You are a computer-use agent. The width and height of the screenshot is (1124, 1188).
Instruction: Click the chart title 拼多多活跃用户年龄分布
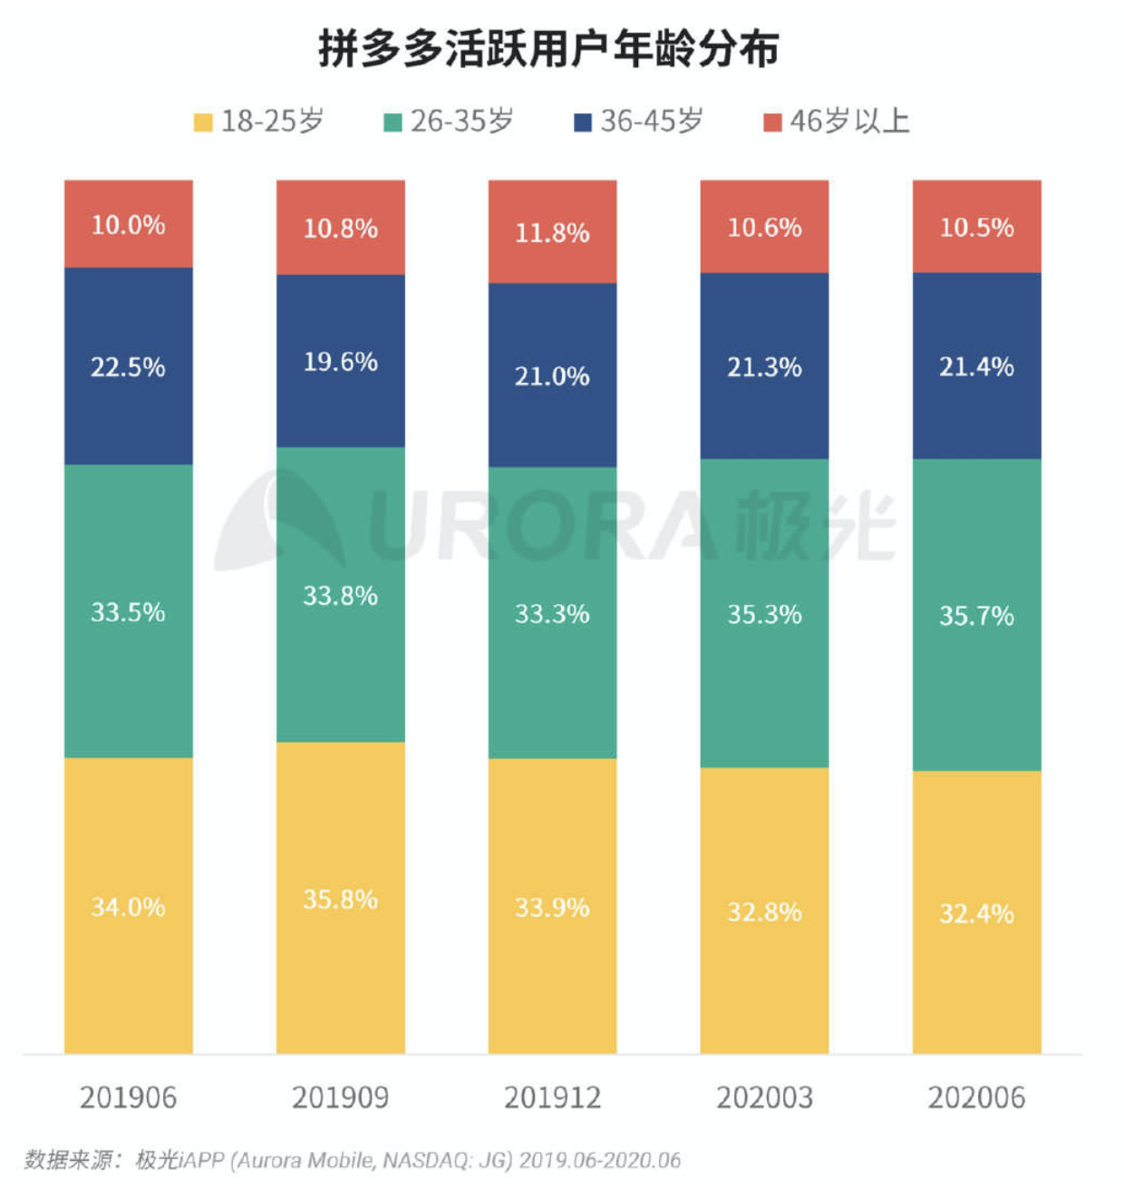click(548, 48)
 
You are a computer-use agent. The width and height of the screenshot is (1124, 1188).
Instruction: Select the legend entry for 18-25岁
click(259, 121)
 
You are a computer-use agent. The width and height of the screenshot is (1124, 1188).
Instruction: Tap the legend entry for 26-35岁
click(449, 121)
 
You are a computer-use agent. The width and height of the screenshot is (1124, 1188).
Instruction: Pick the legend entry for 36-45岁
click(639, 121)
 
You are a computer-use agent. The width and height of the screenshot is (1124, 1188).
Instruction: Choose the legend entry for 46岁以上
click(837, 121)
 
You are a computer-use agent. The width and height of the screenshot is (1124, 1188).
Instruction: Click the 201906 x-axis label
click(128, 1097)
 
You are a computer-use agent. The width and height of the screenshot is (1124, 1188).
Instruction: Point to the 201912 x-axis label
click(552, 1097)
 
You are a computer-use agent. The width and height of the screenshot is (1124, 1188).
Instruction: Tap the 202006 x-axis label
click(976, 1097)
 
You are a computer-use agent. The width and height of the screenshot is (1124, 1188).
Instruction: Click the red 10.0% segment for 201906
click(128, 224)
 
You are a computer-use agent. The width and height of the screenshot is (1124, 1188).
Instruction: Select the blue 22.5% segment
click(128, 366)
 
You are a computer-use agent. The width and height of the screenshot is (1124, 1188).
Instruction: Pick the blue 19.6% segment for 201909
click(340, 361)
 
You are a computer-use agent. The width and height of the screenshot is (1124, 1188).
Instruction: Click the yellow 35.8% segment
click(340, 898)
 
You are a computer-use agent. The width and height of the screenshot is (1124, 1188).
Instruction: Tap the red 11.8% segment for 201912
click(552, 232)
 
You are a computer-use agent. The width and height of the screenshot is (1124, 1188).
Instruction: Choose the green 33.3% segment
click(552, 613)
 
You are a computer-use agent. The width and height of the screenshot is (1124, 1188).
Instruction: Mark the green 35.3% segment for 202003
click(764, 614)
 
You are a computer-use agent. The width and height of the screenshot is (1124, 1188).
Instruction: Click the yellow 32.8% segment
click(764, 910)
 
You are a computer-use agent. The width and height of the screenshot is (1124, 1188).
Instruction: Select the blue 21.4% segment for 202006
click(976, 366)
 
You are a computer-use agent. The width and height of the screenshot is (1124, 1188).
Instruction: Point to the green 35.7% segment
click(976, 616)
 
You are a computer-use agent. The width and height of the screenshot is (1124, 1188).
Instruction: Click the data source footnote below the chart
click(353, 1160)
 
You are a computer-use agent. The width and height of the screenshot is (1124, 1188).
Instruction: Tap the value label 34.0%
click(128, 907)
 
